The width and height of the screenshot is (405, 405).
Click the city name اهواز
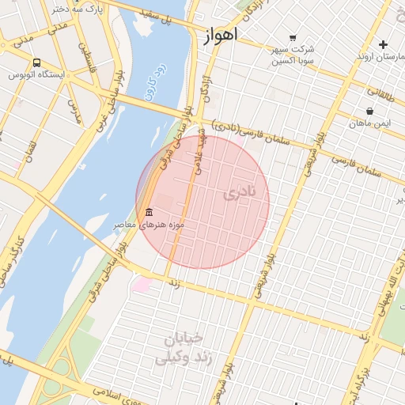pos(220,37)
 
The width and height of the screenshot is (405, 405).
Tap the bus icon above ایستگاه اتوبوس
pos(37,62)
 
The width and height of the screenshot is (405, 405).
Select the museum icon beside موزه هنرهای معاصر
pos(150,212)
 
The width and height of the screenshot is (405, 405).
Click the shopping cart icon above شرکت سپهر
pos(293,37)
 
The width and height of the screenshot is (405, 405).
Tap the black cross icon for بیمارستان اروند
pos(384,44)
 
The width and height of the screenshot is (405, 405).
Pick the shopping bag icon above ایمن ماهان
pos(369,111)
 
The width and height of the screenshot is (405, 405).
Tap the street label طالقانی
pos(379,93)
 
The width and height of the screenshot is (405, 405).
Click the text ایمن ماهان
pos(370,123)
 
